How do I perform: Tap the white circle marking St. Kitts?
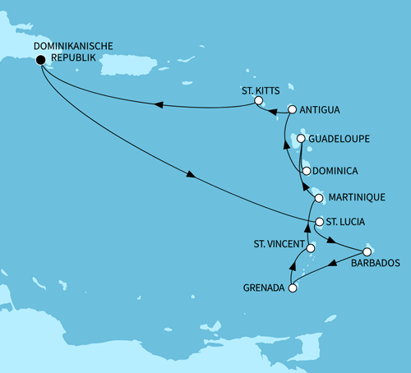coord(258,101)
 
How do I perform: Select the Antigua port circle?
coord(292,109)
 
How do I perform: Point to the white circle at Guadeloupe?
coord(301,139)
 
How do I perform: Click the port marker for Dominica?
coord(306,171)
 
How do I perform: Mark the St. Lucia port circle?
coord(318,222)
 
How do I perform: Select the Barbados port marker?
coord(367,251)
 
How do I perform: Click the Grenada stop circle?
coord(292,288)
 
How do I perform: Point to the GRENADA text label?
coord(264,288)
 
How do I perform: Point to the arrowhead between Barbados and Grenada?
coord(333,265)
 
